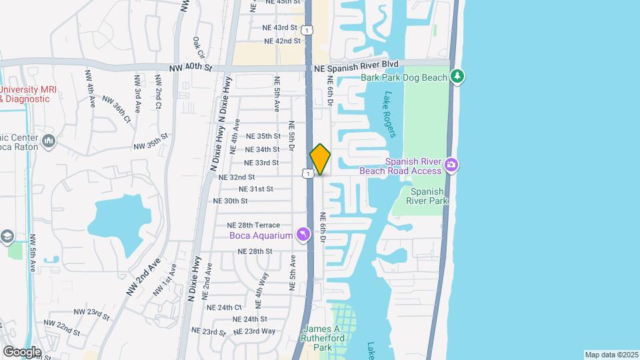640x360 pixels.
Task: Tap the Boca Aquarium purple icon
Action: click(x=304, y=235)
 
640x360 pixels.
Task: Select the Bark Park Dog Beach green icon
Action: click(x=457, y=77)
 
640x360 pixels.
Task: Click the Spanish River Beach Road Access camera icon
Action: click(x=451, y=165)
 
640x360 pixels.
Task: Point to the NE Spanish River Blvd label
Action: click(x=356, y=64)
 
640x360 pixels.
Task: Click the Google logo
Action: click(x=22, y=351)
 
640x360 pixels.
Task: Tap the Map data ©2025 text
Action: click(x=611, y=355)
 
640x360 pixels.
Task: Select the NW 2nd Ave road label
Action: click(x=143, y=277)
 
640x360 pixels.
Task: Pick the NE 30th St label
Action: click(x=230, y=201)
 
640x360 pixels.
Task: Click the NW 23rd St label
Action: click(x=91, y=313)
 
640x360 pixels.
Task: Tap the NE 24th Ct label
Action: click(x=223, y=307)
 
